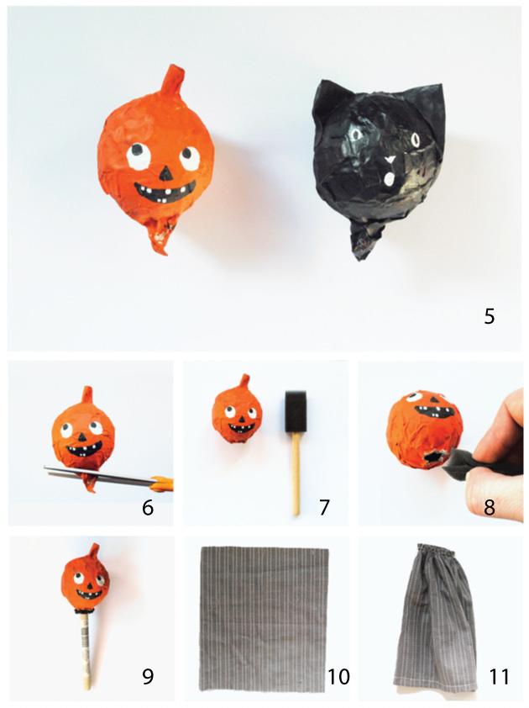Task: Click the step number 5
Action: [490, 315]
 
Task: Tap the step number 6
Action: [148, 507]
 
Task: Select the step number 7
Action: [324, 507]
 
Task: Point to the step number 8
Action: [490, 507]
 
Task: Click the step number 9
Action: [148, 676]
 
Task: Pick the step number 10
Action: [338, 676]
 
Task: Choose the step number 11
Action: [500, 676]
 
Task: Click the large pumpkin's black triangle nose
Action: [165, 173]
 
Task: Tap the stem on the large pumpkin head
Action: [173, 82]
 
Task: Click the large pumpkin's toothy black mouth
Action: [165, 192]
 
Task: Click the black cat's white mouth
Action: [388, 180]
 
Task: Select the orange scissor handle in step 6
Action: [162, 483]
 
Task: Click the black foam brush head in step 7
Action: [296, 412]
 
